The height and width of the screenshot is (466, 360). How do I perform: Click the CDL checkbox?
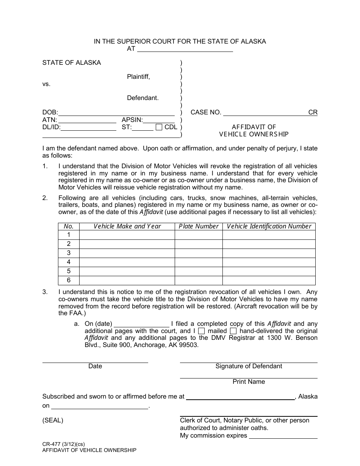[159, 127]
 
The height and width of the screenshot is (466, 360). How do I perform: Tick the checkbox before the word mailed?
[202, 331]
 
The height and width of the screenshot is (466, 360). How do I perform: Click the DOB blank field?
[116, 112]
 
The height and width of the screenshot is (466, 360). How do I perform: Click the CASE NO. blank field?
[265, 112]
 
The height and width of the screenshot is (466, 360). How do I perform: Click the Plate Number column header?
[199, 226]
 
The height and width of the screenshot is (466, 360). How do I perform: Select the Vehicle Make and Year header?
[127, 226]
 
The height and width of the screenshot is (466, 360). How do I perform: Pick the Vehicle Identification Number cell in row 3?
[269, 253]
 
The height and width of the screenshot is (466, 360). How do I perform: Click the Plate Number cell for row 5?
[199, 271]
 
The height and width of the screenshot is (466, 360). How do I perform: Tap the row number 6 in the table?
[69, 280]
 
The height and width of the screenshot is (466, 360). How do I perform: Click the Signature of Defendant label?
[249, 366]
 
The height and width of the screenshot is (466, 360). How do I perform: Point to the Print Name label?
[249, 382]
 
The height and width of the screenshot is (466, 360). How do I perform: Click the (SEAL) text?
[53, 420]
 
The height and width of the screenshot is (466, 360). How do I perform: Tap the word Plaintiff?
[138, 77]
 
